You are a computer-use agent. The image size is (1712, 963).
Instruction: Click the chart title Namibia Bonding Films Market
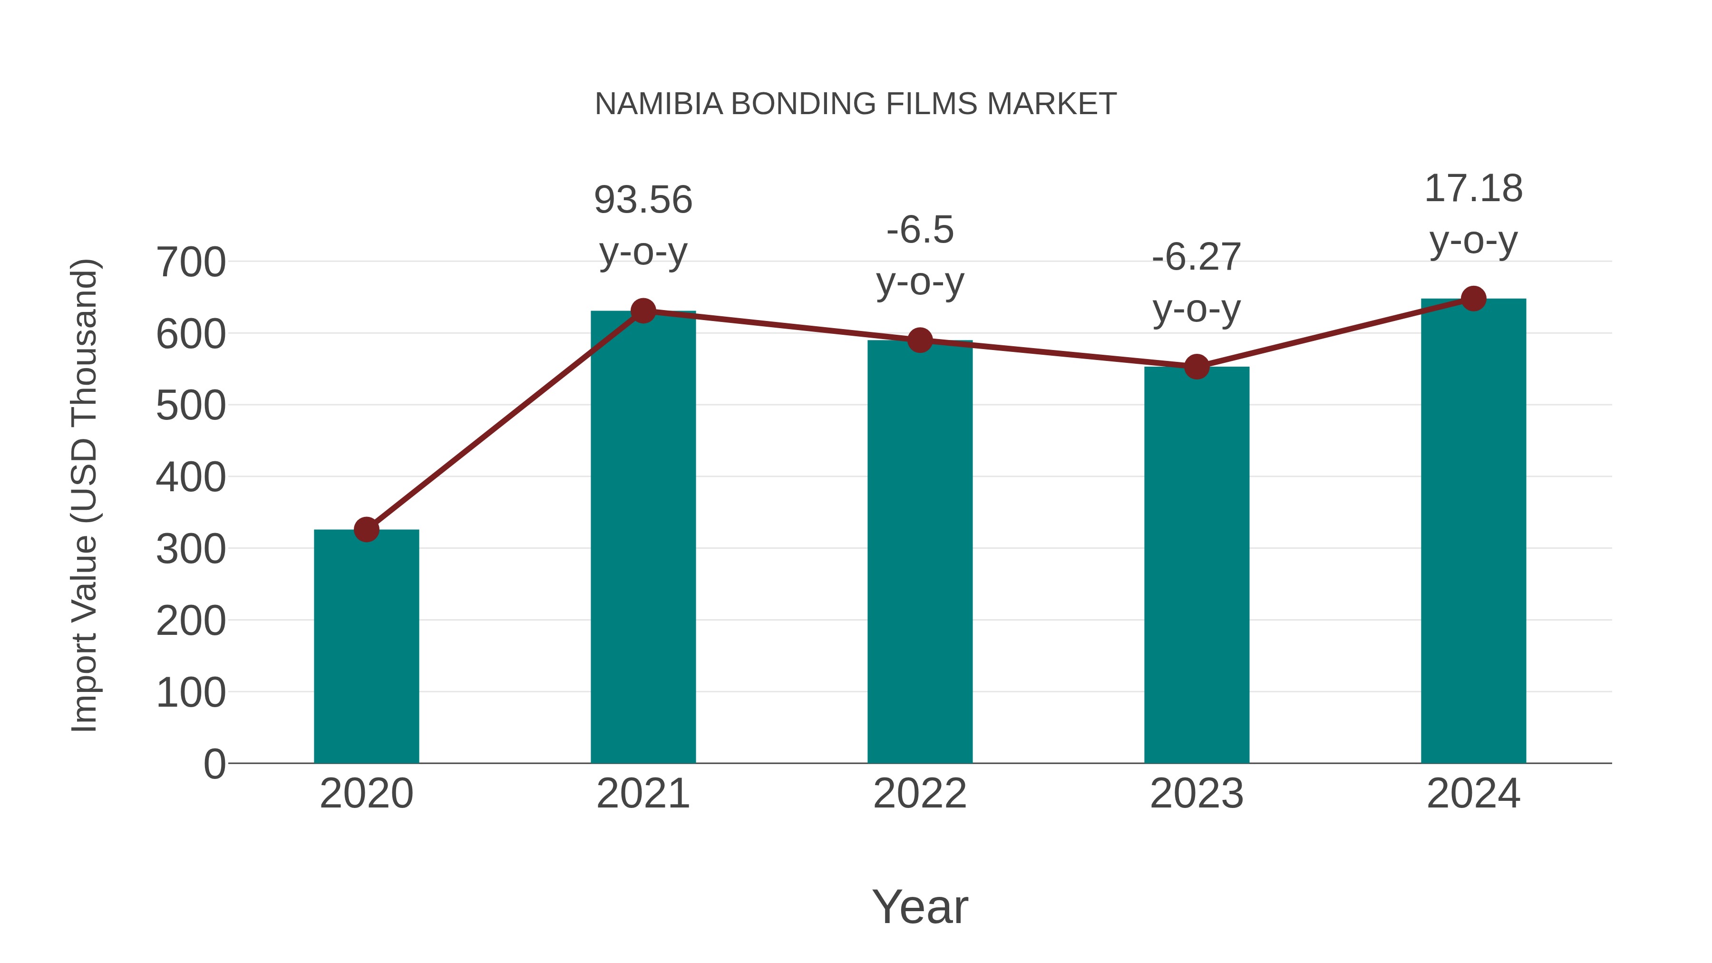pos(856,104)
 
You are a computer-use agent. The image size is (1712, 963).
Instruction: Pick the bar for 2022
pos(920,552)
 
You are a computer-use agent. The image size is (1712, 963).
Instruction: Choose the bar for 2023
pos(1196,565)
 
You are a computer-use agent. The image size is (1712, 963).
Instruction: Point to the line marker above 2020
pos(366,530)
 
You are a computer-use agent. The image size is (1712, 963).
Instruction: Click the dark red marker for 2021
pos(642,311)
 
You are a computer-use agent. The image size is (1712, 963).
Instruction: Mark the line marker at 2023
pos(1196,366)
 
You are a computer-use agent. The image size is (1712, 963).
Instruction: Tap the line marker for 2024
pos(1473,298)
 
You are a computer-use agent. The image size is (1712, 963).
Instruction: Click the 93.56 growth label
pos(642,200)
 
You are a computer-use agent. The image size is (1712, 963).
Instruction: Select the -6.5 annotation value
pos(920,230)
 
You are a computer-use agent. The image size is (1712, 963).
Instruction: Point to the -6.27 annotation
pos(1196,257)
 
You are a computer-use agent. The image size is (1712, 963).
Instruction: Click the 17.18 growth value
pos(1473,189)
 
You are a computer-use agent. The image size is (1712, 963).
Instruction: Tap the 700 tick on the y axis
pos(191,263)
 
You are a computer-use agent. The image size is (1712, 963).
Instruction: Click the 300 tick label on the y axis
pos(191,550)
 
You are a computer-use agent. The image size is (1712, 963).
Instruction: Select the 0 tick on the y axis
pos(214,764)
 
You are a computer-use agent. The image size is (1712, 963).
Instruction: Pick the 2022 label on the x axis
pos(920,794)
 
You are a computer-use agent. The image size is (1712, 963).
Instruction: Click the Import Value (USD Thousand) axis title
pos(84,495)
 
